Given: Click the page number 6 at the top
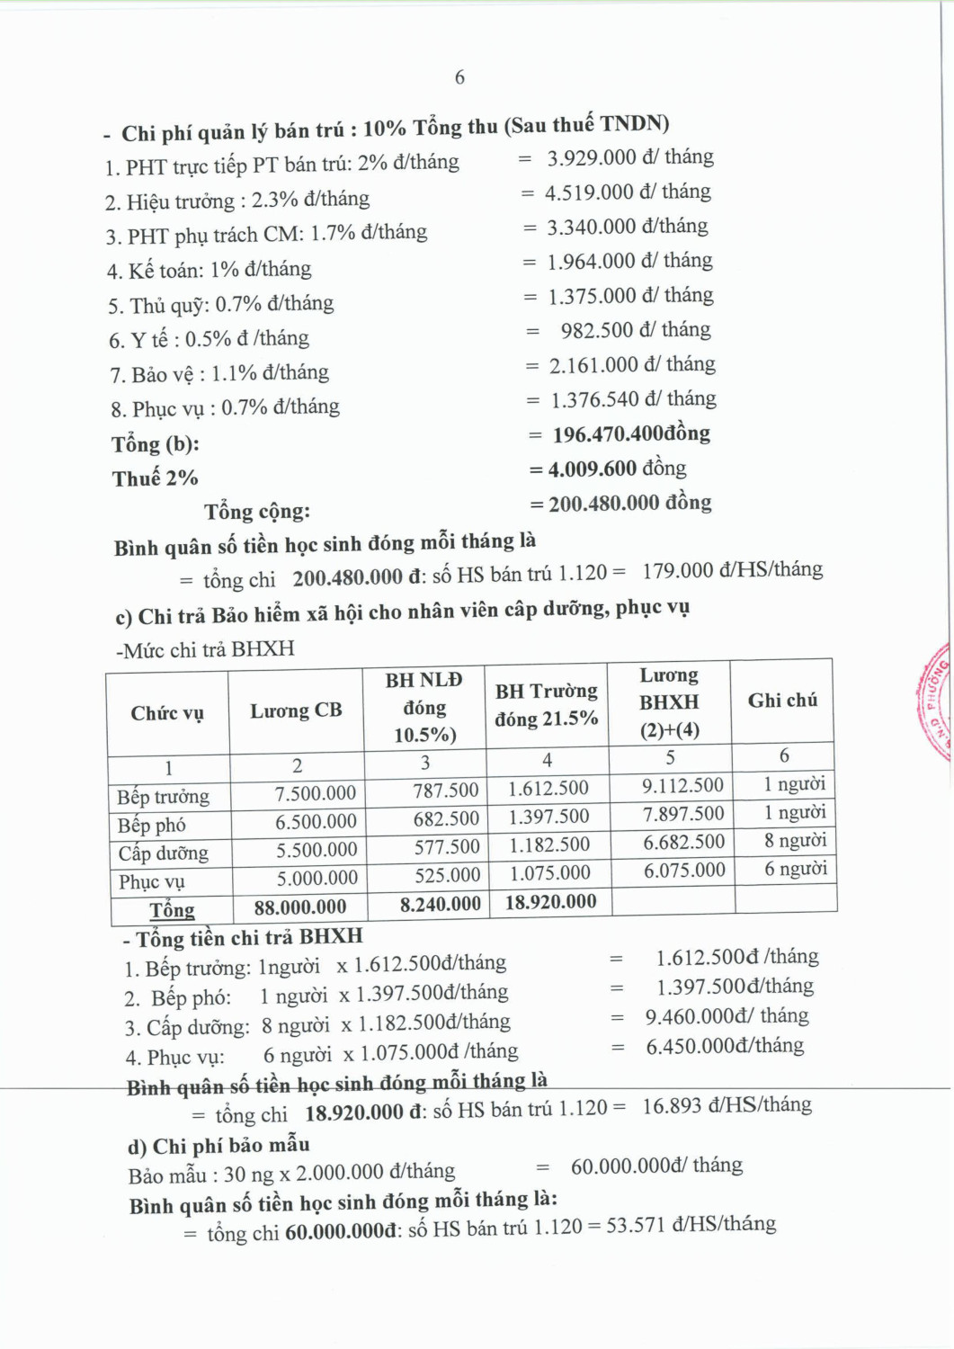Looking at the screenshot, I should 459,77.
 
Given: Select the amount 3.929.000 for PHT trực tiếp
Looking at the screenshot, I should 592,158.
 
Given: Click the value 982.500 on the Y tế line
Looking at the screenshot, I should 597,331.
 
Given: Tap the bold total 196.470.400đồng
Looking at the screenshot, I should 631,434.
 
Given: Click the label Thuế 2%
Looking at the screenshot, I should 155,478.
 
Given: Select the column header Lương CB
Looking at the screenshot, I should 296,710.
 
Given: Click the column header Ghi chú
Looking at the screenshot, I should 782,701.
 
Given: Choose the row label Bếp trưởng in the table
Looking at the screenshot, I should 163,797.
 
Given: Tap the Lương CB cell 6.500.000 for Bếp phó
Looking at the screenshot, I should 316,822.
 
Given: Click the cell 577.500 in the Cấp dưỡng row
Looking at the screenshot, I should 447,847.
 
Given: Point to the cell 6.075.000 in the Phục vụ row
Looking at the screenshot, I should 683,871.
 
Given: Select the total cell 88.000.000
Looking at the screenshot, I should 299,907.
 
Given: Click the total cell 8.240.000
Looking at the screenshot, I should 440,905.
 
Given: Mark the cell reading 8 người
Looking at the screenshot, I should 795,841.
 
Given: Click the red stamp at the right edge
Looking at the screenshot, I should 935,701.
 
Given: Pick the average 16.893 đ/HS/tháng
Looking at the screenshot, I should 727,1105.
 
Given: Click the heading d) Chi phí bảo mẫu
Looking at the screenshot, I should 218,1146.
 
